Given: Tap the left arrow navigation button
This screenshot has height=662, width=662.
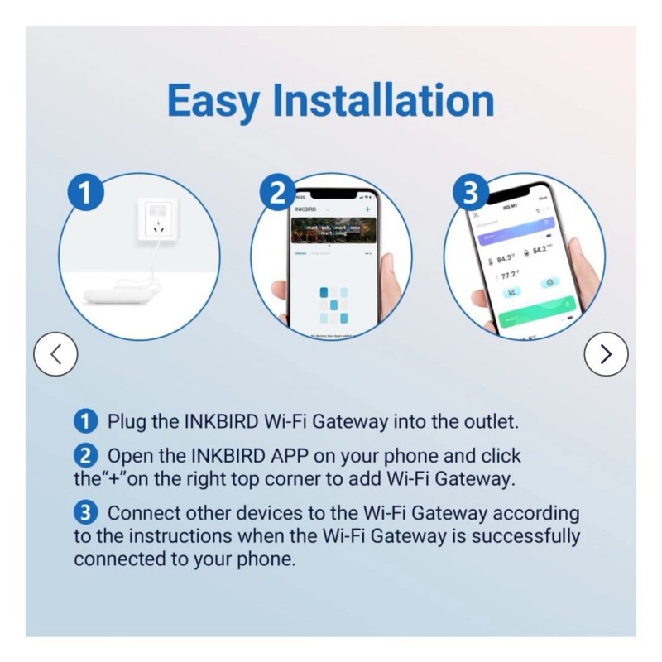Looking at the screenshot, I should pyautogui.click(x=55, y=354).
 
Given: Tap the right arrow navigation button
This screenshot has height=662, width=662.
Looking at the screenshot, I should pyautogui.click(x=606, y=354).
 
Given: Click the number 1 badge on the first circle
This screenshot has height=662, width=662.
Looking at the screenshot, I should pyautogui.click(x=85, y=197).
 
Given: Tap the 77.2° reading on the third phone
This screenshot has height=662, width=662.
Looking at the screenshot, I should pyautogui.click(x=508, y=275).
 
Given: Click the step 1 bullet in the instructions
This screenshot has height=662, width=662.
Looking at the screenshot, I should pyautogui.click(x=86, y=420).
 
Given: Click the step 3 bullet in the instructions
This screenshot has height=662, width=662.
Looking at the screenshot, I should pyautogui.click(x=86, y=513).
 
